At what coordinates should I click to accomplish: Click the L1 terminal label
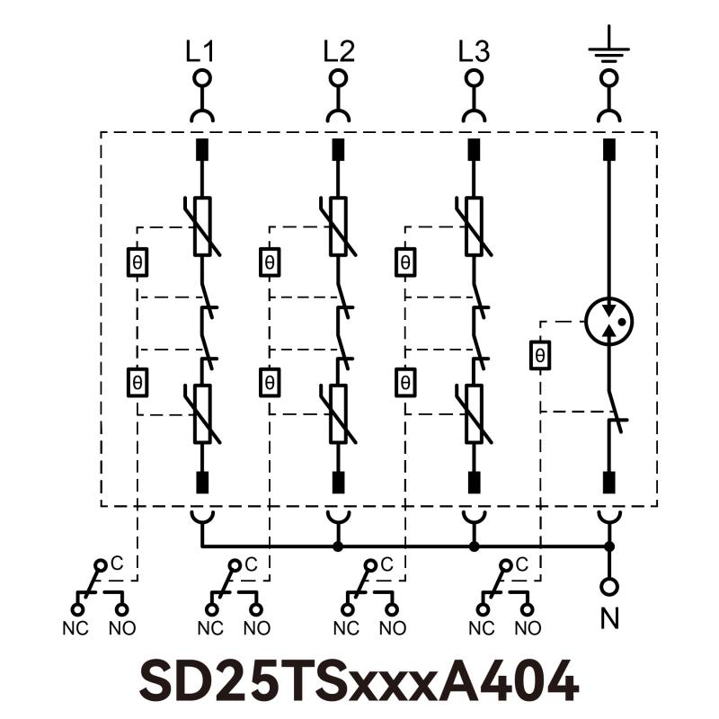point(201,51)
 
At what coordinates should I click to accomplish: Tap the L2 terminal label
point(338,51)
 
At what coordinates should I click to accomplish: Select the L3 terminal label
point(474,51)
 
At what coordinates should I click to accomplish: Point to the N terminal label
point(609,619)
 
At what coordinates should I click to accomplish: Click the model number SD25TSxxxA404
point(359,682)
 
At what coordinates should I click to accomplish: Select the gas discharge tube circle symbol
point(609,324)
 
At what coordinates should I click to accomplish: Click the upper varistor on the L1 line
point(202,226)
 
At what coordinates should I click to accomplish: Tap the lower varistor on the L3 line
point(474,413)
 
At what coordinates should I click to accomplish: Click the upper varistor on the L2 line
point(338,226)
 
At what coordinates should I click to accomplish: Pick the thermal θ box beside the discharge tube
point(539,355)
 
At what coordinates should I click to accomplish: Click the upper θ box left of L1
point(138,262)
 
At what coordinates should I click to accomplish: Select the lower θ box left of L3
point(406,383)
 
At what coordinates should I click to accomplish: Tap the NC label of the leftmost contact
point(75,628)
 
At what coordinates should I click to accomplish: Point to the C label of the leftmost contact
point(117,564)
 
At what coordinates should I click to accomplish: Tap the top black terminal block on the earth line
point(609,148)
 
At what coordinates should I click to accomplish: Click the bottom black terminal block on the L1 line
point(202,482)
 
